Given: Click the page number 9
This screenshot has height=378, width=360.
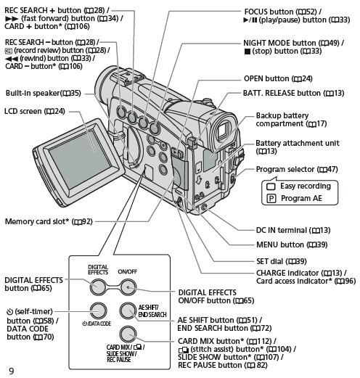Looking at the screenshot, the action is pos(11,371).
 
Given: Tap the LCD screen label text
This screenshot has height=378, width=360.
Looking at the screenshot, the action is pos(35,111).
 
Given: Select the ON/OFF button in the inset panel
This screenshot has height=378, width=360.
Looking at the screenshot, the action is pos(128,287).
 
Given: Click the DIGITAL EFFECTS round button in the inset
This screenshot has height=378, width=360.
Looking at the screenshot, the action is pos(98,287).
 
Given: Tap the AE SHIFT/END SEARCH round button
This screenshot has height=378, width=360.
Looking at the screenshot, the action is pos(128,311).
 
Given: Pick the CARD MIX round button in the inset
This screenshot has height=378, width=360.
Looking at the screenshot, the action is pos(128,334).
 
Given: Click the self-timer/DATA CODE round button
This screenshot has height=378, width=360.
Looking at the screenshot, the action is pos(99,311).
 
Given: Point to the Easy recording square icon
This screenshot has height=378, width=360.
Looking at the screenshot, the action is pos(271,186).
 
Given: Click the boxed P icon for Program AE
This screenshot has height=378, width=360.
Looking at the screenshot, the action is pos(271,199).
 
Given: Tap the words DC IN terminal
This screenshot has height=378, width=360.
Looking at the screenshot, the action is pos(282,230).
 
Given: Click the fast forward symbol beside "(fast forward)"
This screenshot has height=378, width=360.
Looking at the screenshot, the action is pos(12,19).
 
